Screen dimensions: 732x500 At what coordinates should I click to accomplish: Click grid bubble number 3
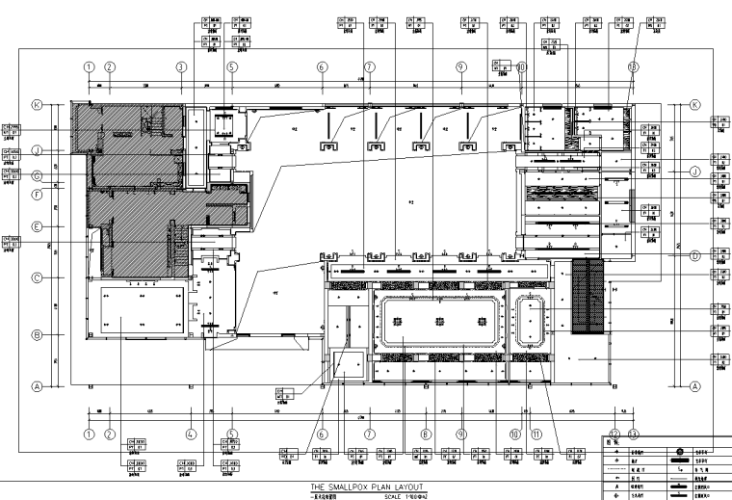[180, 67]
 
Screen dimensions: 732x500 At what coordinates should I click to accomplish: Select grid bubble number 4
[191, 434]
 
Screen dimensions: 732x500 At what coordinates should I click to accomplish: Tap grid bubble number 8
[425, 434]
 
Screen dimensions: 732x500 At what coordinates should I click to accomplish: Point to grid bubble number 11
[536, 434]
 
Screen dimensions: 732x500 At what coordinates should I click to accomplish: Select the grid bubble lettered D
[693, 255]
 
